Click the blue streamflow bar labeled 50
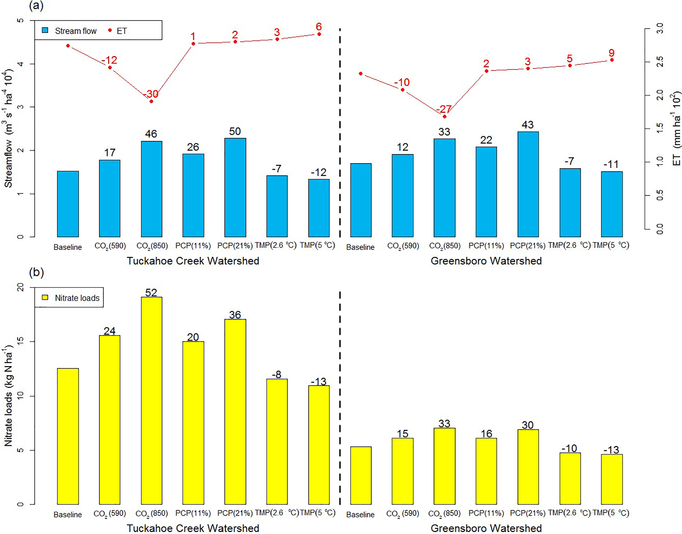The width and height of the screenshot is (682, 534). tap(235, 187)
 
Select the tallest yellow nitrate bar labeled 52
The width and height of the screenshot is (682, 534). tap(151, 400)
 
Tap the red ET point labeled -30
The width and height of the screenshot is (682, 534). tap(151, 101)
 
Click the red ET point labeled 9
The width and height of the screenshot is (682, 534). tap(612, 60)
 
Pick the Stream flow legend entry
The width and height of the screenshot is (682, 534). tap(69, 31)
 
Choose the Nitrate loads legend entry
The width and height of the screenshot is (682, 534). tap(71, 298)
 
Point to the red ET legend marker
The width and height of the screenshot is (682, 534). tap(110, 30)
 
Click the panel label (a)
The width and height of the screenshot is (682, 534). tap(36, 6)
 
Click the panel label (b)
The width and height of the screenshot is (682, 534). tap(36, 272)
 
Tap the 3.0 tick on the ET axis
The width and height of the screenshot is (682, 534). tap(660, 28)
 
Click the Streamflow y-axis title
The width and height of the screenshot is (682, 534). tap(8, 129)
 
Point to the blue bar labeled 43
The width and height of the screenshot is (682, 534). tap(528, 184)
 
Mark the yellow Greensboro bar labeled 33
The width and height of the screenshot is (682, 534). tap(444, 466)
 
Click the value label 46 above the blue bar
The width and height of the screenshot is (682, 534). tap(151, 134)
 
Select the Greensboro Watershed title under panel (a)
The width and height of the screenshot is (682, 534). tap(486, 261)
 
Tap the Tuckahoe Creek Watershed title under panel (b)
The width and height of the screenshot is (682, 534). tap(193, 528)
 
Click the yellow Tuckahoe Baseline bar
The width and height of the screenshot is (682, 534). tap(68, 436)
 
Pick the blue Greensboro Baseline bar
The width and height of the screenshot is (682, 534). tap(361, 200)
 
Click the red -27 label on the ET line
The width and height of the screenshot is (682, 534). tap(444, 109)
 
